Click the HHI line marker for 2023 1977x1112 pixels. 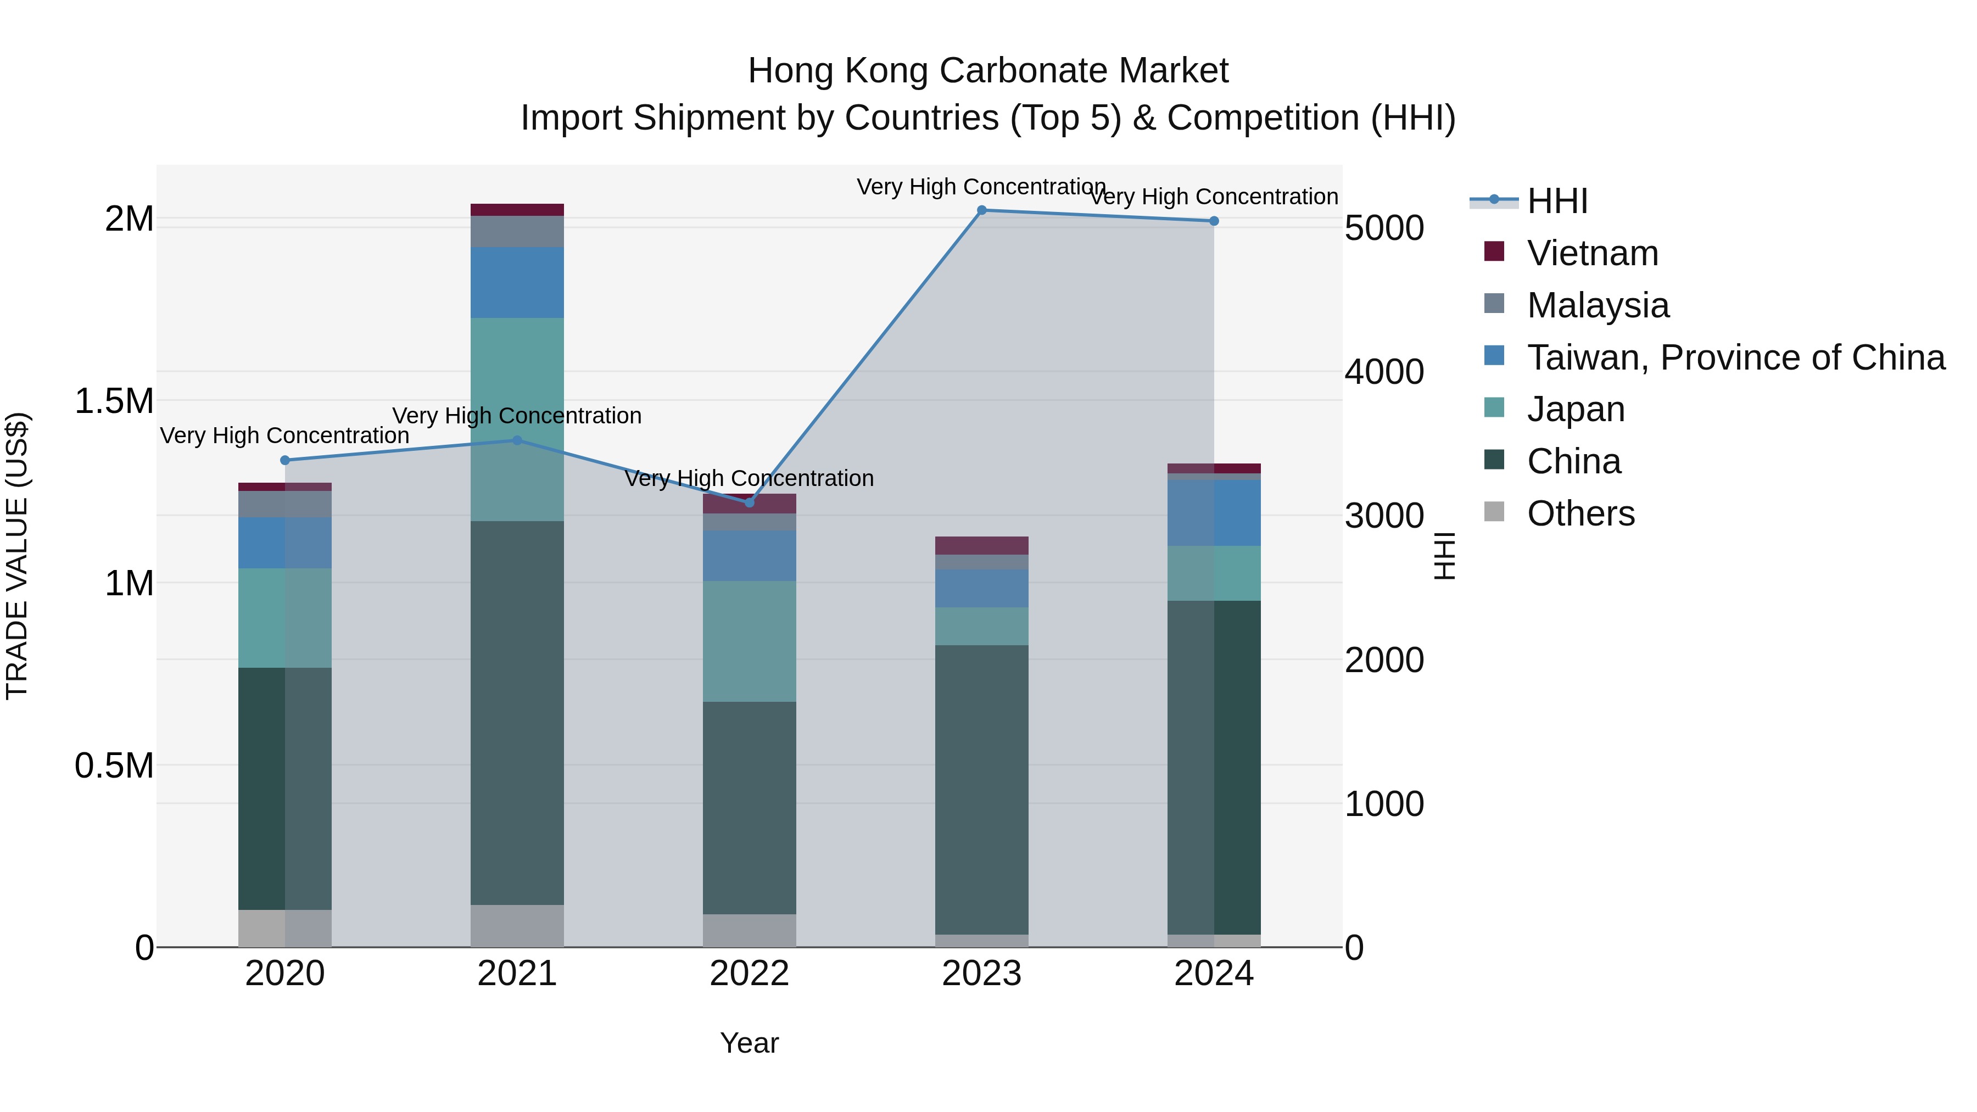coord(981,210)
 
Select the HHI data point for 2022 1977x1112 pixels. coord(750,502)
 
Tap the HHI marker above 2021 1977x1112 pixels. coord(517,440)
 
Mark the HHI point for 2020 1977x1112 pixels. coord(284,461)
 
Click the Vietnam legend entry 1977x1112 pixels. coord(1593,253)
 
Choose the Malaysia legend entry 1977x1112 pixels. coord(1598,305)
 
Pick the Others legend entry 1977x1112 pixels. coord(1581,513)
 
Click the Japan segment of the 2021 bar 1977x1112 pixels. coord(517,419)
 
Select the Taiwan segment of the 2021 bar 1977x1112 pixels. coord(517,282)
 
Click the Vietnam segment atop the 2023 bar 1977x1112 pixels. coord(981,546)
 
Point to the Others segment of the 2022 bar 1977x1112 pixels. coord(750,930)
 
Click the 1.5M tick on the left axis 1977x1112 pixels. coord(114,401)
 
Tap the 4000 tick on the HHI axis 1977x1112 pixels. coord(1384,372)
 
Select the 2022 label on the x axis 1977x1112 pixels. coord(750,974)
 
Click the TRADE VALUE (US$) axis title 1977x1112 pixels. coord(18,556)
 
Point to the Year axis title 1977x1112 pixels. coord(749,1043)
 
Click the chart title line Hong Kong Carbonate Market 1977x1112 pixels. coord(988,71)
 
